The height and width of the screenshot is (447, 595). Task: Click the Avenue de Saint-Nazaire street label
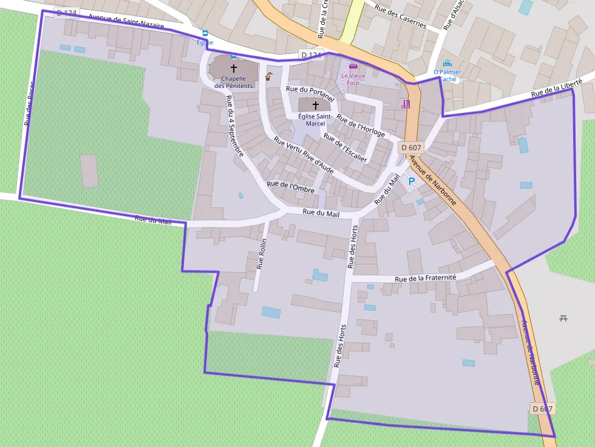point(126,21)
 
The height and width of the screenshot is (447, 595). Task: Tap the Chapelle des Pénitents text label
point(233,82)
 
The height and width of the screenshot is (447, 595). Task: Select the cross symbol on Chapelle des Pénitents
point(234,69)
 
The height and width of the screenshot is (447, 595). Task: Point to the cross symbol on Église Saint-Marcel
point(315,106)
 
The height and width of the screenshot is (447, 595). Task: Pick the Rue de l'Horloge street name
point(361,126)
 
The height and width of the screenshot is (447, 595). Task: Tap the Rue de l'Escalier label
point(345,147)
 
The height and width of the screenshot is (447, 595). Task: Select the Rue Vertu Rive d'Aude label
point(304,155)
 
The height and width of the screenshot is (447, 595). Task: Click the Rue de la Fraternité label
point(425,278)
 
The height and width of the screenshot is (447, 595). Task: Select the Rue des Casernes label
point(401,17)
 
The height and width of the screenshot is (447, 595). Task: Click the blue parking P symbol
point(411,181)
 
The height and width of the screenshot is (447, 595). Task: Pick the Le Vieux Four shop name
point(353,79)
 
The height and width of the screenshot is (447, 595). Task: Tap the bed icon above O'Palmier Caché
point(447,63)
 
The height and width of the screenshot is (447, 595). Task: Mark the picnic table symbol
point(563,318)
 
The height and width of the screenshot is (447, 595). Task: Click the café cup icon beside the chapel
point(268,76)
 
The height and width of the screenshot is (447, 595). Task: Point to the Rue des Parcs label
point(29,112)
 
